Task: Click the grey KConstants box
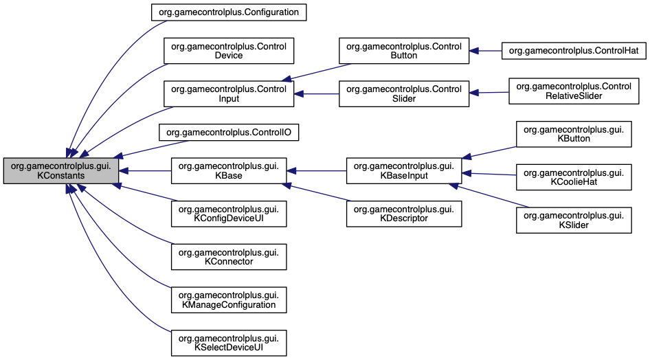click(x=60, y=171)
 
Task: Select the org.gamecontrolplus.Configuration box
click(x=228, y=12)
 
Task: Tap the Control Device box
click(x=228, y=51)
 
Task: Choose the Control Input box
click(x=228, y=93)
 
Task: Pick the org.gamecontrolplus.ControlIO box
click(x=228, y=133)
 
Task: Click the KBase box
click(x=228, y=171)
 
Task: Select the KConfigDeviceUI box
click(x=228, y=214)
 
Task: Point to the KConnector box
click(x=228, y=256)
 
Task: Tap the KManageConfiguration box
click(x=228, y=299)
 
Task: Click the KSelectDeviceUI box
click(x=228, y=341)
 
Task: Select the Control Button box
click(x=403, y=51)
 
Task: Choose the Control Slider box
click(x=403, y=93)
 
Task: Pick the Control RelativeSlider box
click(x=573, y=92)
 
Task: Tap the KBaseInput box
click(x=403, y=171)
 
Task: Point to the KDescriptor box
click(x=403, y=214)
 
